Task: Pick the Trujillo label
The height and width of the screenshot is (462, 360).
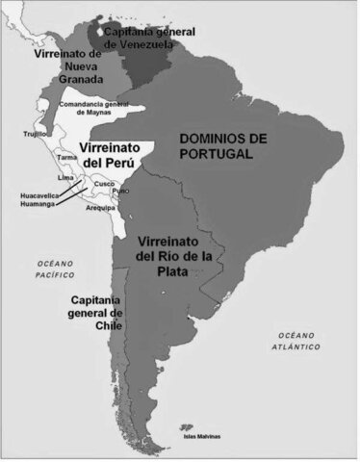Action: (x=37, y=135)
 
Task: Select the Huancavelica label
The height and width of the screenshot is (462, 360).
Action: (x=39, y=195)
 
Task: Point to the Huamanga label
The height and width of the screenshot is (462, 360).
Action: (x=38, y=204)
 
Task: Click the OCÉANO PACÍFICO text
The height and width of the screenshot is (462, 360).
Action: (x=56, y=269)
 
